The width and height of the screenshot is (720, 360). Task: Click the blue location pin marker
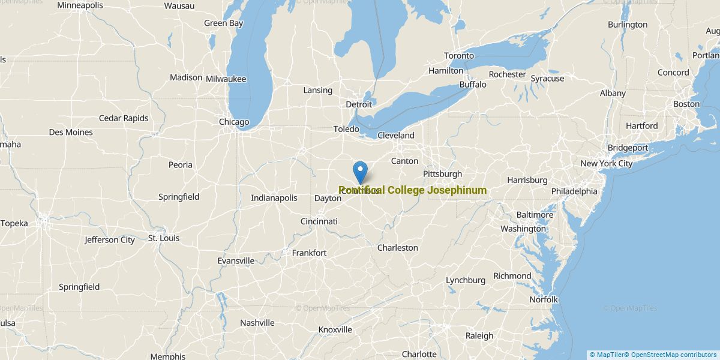[x=360, y=171]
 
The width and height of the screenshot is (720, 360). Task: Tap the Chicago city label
[x=233, y=122]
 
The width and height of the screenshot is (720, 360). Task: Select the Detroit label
[x=359, y=104]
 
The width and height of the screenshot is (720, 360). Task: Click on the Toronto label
[x=459, y=56]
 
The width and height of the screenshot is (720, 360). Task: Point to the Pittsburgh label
[x=442, y=174]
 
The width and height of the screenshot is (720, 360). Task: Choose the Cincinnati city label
[x=319, y=221]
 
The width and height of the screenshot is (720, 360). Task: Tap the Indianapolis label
[x=274, y=198]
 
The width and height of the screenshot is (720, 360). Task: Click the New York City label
[x=606, y=163]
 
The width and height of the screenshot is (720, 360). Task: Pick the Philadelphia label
[x=574, y=191]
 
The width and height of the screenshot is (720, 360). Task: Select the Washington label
[x=523, y=229]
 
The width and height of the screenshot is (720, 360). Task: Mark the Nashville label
[x=257, y=323]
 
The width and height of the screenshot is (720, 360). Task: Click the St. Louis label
[x=163, y=238]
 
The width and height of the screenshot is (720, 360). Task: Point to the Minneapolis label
[x=80, y=5]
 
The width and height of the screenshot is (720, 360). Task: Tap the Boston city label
[x=686, y=104]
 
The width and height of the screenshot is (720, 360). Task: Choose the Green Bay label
[x=223, y=23]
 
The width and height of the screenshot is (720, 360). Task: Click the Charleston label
[x=397, y=248]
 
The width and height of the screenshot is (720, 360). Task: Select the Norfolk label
[x=544, y=299]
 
